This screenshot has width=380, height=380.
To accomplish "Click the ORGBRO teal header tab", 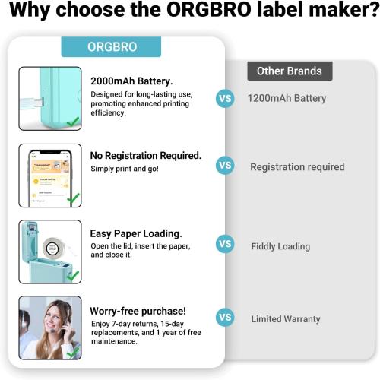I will click(112, 46).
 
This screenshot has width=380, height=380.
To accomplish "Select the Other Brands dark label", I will click(289, 71).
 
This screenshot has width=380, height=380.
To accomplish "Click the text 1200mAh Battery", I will click(287, 98).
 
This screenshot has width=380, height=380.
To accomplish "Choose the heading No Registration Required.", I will click(145, 155).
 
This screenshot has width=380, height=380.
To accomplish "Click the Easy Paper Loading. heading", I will click(136, 233).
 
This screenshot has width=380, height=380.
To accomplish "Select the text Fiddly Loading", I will click(280, 246).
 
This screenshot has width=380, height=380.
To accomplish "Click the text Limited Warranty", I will click(286, 319).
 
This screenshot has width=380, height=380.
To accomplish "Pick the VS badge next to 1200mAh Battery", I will click(225, 98).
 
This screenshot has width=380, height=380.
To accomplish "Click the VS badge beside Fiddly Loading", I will click(225, 244).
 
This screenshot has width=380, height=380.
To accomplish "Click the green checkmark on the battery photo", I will click(73, 122).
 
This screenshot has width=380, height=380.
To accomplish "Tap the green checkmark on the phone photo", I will click(73, 198).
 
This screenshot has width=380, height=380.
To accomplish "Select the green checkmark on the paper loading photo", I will click(73, 275).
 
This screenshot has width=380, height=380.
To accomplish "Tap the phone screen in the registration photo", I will click(48, 177).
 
